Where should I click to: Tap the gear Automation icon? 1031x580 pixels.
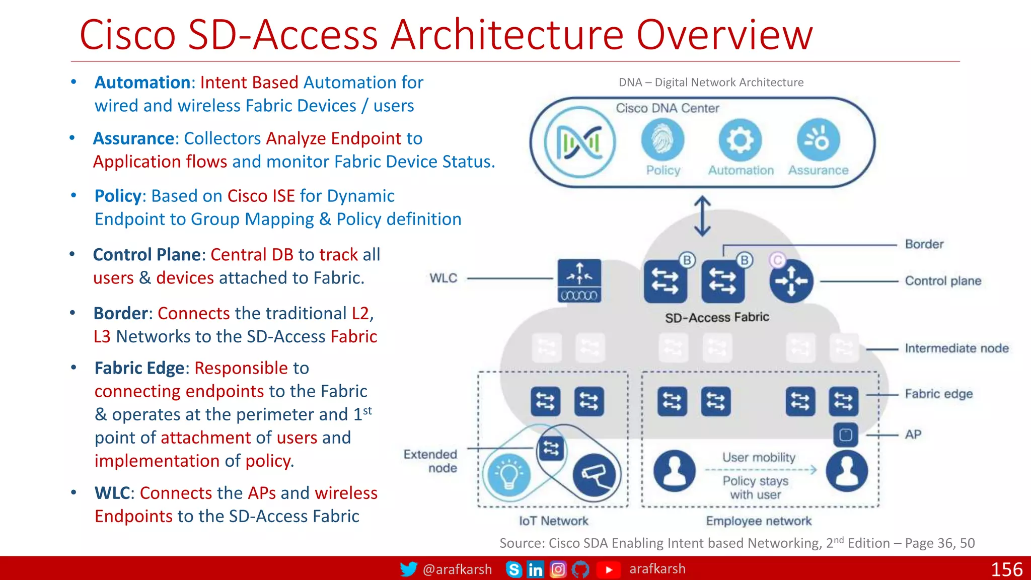click(x=740, y=140)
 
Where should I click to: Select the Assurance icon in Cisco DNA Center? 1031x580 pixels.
click(x=818, y=140)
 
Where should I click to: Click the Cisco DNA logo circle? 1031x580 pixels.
click(x=579, y=142)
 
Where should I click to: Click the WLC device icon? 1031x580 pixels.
click(x=579, y=280)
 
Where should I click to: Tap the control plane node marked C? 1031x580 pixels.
click(x=791, y=280)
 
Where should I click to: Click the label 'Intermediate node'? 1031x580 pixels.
click(x=956, y=348)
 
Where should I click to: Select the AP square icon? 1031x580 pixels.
click(x=846, y=434)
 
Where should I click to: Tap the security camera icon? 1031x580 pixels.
click(x=594, y=474)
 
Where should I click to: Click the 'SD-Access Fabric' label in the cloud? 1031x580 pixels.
click(x=717, y=318)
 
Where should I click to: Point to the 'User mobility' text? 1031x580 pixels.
click(x=759, y=457)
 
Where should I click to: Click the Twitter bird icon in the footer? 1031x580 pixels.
click(x=408, y=569)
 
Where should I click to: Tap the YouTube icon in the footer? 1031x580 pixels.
click(x=609, y=569)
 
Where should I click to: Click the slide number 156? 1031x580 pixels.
click(x=1006, y=569)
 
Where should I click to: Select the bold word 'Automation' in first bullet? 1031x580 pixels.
click(x=142, y=83)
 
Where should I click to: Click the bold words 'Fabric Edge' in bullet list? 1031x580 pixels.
click(x=139, y=368)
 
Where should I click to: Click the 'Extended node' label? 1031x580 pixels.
click(x=431, y=461)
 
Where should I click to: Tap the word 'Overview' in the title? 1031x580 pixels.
click(x=724, y=35)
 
